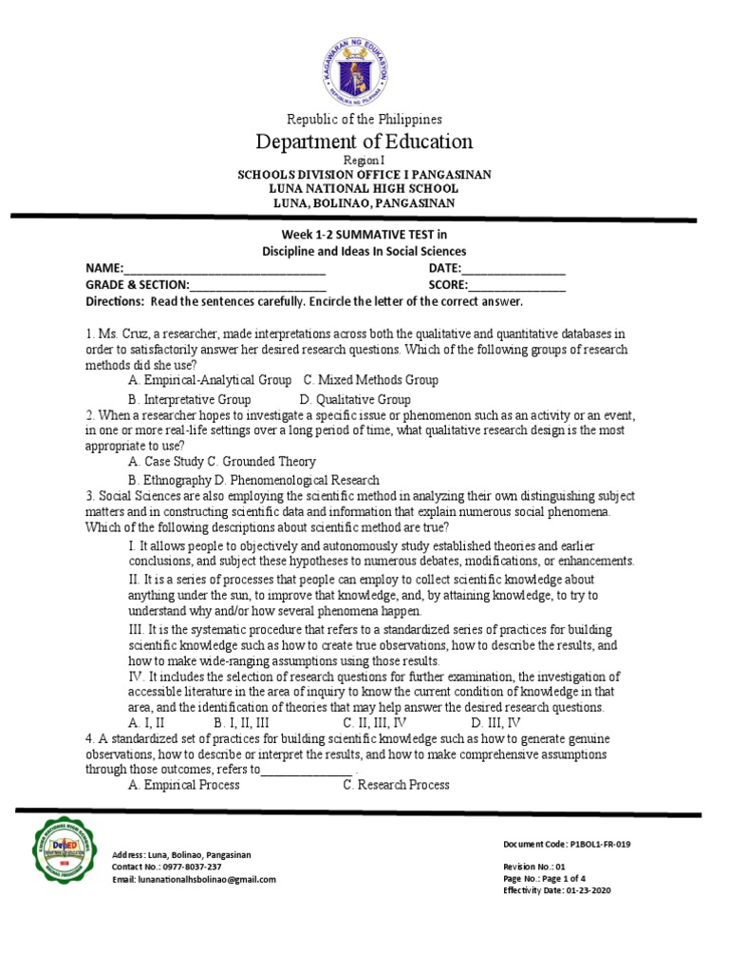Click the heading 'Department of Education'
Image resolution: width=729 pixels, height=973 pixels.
(364, 142)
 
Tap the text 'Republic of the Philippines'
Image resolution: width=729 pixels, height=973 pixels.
(364, 119)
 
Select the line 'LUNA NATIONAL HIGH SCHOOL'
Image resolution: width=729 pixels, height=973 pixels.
(364, 189)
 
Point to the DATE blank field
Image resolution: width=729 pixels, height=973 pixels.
(514, 271)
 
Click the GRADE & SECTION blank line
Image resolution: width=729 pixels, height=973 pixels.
(258, 286)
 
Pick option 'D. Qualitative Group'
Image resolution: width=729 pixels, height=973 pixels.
(355, 400)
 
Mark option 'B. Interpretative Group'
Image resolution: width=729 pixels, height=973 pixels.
(190, 400)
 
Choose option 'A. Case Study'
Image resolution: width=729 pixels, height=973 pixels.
(167, 461)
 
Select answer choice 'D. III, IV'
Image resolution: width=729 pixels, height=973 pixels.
(495, 723)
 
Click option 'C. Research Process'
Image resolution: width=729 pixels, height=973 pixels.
(396, 785)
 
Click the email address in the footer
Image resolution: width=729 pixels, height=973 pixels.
(194, 880)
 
